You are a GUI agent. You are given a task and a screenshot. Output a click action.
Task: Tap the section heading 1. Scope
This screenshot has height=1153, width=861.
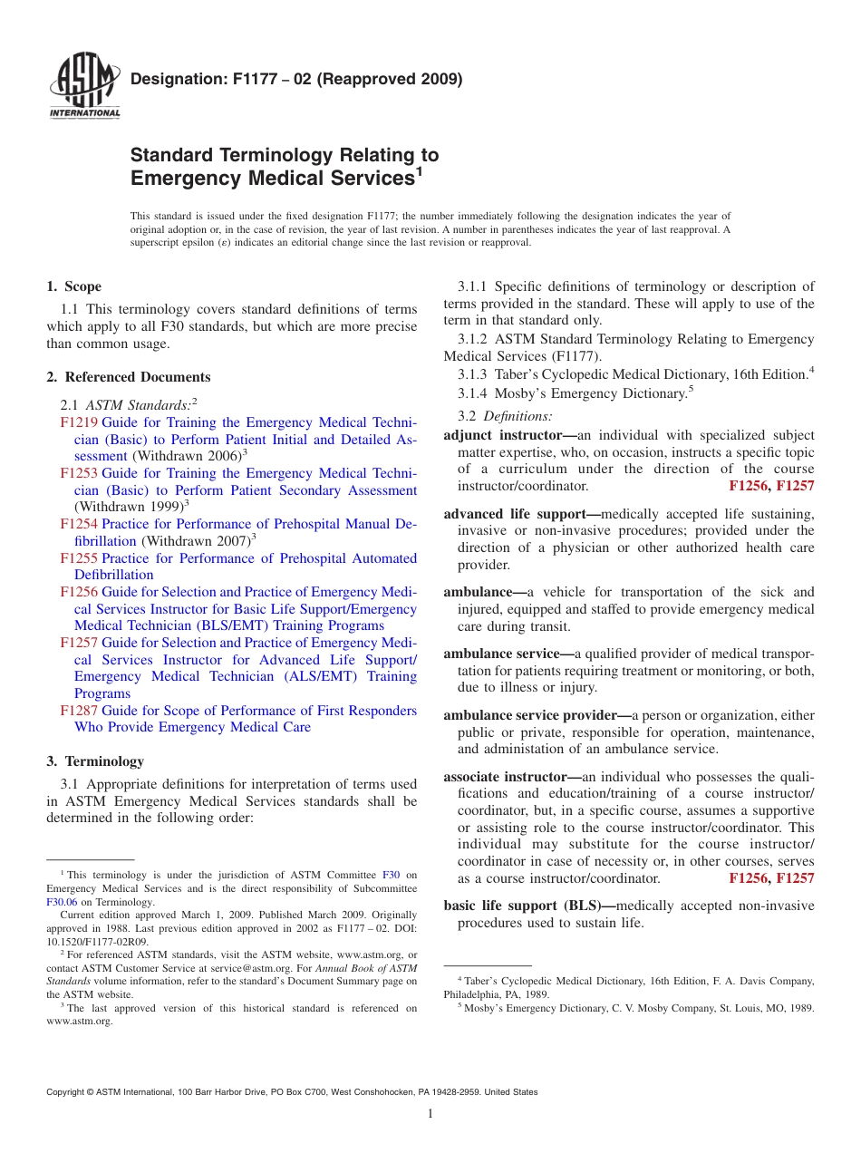click(74, 286)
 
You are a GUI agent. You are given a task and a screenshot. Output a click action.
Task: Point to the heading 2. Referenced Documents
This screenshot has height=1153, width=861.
click(129, 377)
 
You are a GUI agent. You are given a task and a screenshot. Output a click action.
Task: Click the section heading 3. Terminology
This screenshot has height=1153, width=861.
click(95, 761)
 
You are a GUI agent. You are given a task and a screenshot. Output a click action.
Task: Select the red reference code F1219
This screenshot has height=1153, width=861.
click(79, 422)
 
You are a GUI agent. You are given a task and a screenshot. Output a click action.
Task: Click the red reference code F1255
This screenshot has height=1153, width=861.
click(79, 558)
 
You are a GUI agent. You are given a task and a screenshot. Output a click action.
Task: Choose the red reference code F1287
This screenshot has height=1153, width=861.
click(79, 711)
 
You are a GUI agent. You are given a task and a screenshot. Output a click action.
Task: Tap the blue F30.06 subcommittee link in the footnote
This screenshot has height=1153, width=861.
click(62, 902)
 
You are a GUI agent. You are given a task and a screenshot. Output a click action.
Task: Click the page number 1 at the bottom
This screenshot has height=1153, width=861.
click(430, 1114)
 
